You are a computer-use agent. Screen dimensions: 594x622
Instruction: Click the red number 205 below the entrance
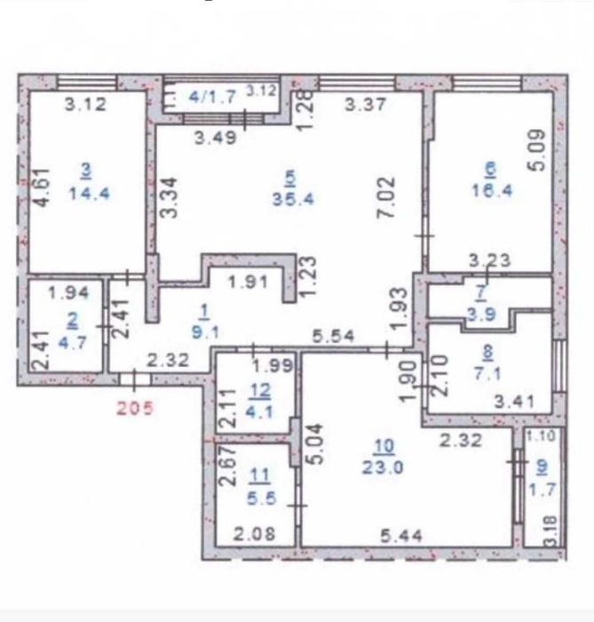pos(135,408)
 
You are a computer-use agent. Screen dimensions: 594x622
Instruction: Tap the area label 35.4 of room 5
pos(293,198)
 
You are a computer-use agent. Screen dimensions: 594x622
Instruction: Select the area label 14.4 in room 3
pos(89,194)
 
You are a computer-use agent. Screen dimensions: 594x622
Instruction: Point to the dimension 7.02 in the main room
pos(387,196)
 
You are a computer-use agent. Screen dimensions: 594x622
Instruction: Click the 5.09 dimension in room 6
pos(538,150)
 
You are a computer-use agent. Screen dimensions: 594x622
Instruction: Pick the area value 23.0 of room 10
pos(383,466)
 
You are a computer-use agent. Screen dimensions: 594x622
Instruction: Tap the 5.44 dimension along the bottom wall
pos(401,537)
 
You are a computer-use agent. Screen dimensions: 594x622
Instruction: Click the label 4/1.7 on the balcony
pos(212,96)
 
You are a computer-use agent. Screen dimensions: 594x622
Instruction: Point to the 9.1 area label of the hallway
pos(205,331)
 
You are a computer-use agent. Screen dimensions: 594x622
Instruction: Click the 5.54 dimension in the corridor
pos(333,337)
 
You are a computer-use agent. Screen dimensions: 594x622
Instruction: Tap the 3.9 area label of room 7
pos(480,315)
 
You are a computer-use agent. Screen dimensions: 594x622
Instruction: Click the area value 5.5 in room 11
pos(262,498)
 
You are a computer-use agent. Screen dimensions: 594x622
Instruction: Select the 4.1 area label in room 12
pos(259,411)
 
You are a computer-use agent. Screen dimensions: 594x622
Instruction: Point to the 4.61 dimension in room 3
pos(41,187)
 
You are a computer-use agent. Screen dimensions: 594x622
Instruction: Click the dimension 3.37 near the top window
pos(365,104)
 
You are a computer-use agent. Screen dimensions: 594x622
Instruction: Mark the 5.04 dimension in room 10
pos(316,444)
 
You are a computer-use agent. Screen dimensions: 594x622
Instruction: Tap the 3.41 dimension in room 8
pos(515,403)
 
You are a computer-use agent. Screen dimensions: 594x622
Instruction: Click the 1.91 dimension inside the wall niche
pos(249,282)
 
